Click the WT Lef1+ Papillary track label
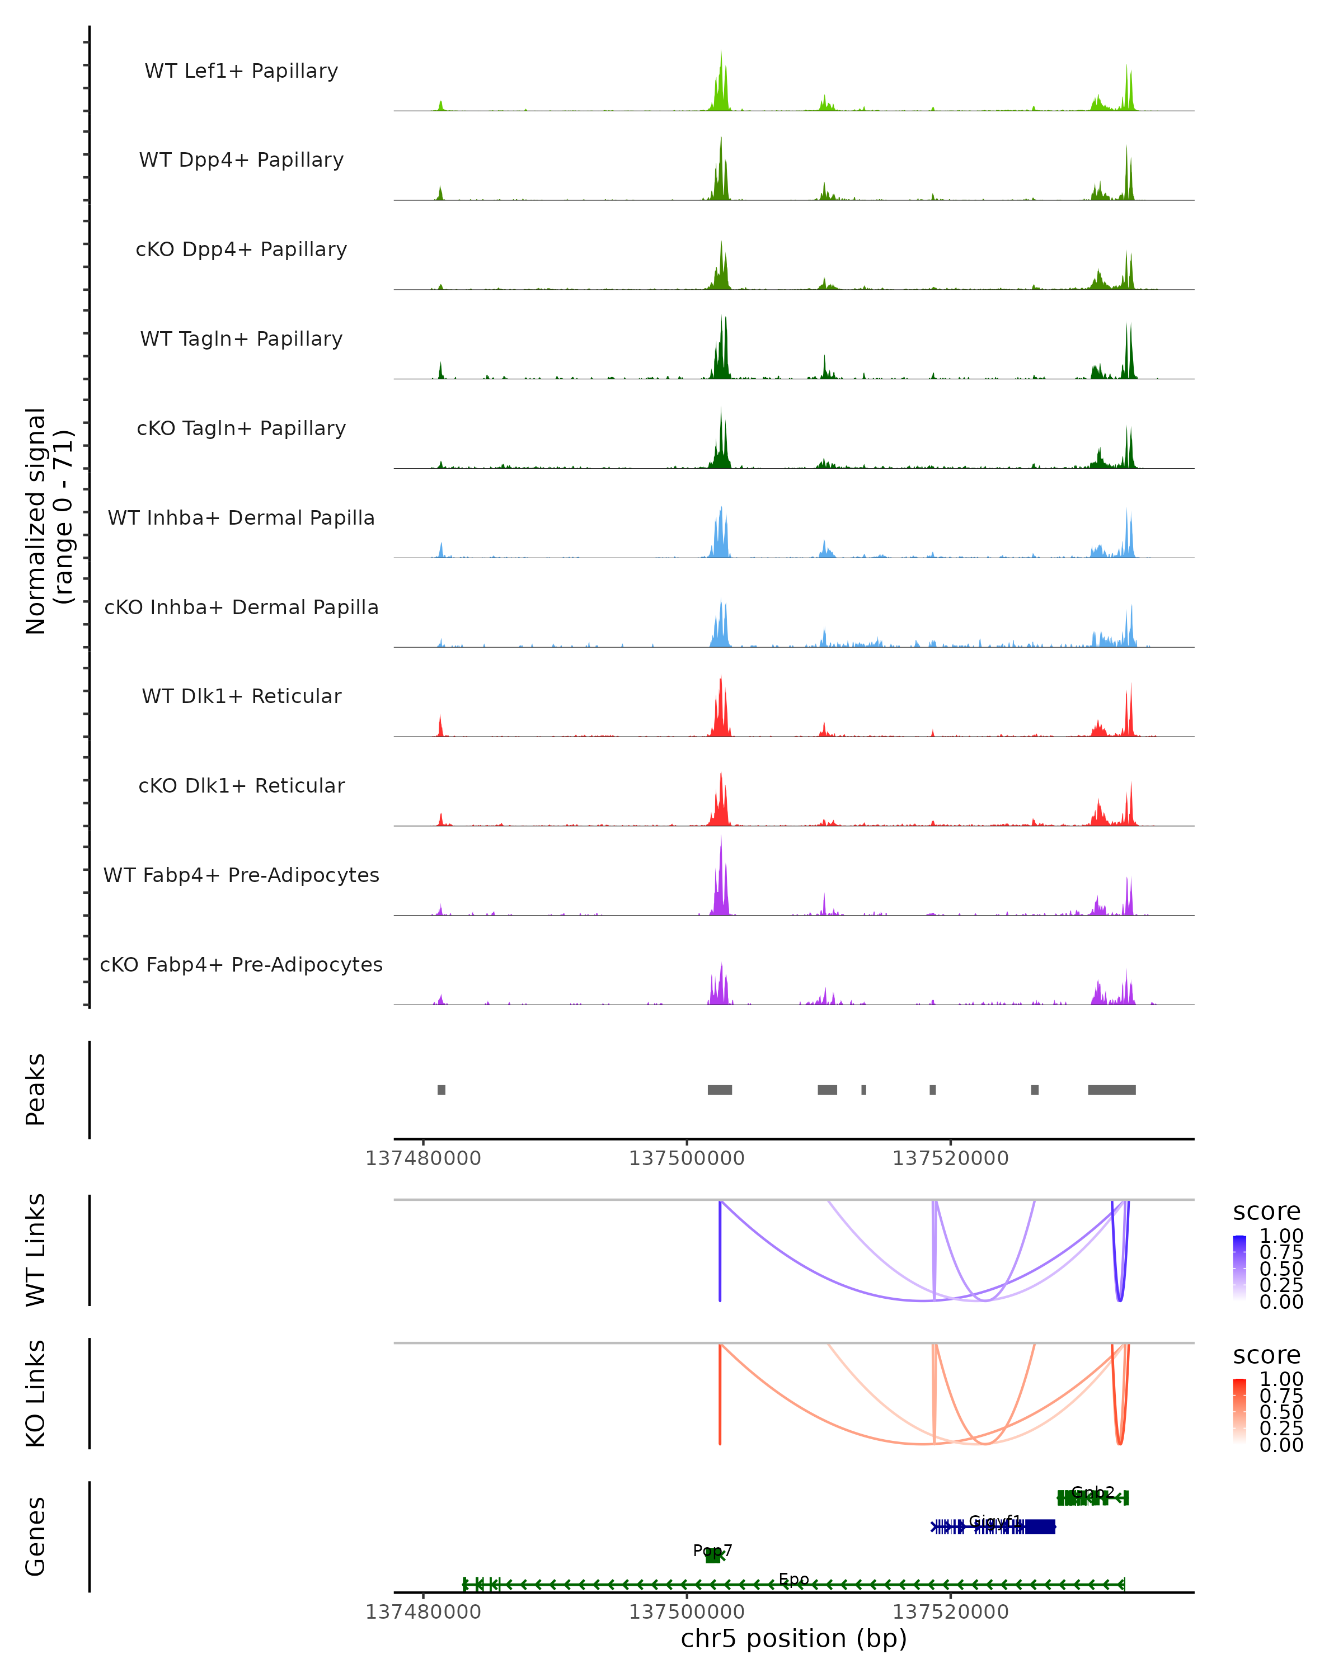coord(241,71)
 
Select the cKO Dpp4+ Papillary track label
coord(241,249)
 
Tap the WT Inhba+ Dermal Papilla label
coord(241,517)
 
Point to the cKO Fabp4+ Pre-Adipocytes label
coord(241,964)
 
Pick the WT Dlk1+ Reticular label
coord(241,696)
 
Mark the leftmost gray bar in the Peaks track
coord(442,1090)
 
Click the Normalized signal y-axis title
coord(48,521)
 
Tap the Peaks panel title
coord(36,1090)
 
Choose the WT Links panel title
coord(36,1250)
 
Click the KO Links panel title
coord(36,1393)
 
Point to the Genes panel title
coord(36,1536)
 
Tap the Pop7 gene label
coord(712,1550)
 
